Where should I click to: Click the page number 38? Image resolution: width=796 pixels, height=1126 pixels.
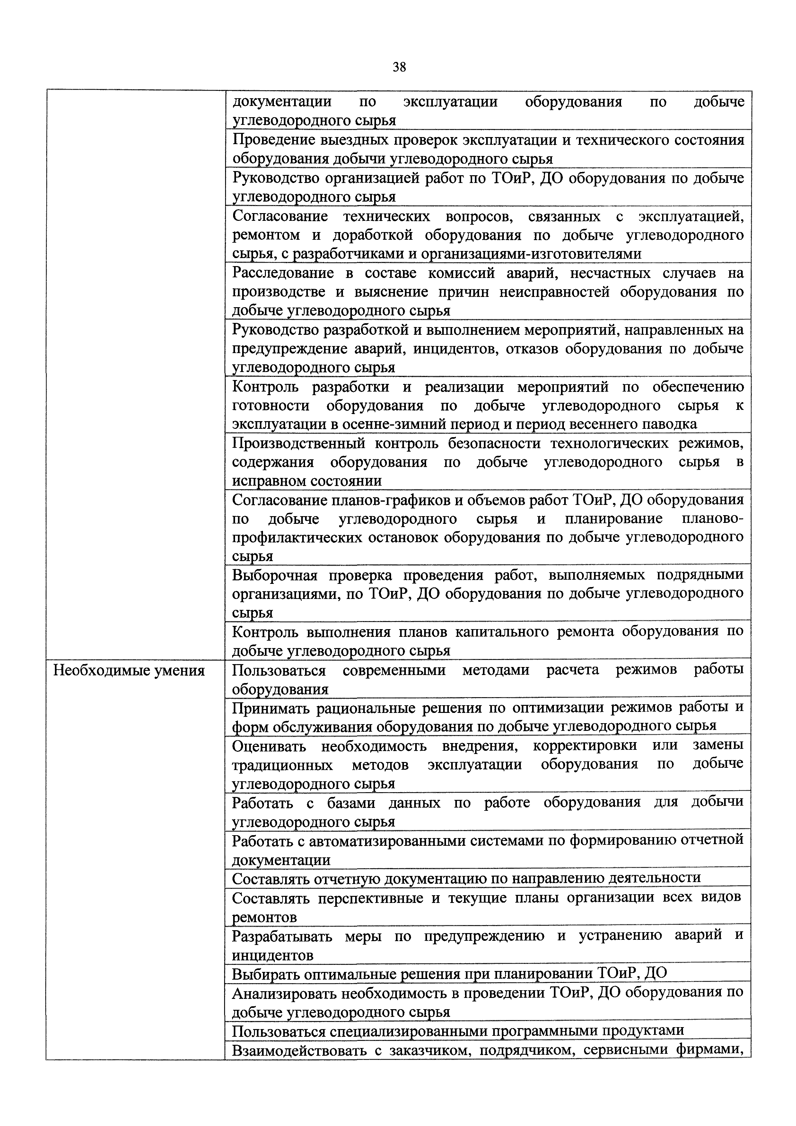[399, 67]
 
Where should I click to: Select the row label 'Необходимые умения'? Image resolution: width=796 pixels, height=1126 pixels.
[128, 671]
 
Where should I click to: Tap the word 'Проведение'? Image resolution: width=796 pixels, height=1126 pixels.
[274, 140]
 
